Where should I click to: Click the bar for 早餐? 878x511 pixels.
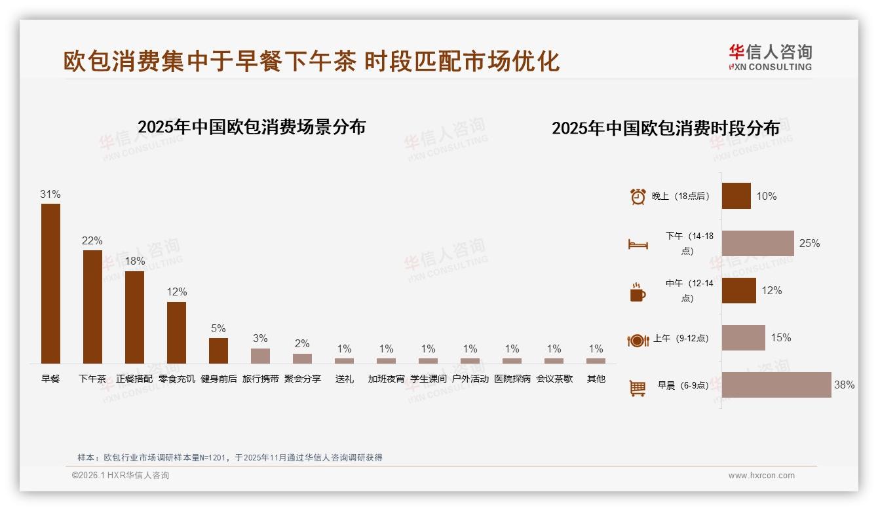[x=50, y=283]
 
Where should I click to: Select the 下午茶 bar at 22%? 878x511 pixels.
[x=92, y=307]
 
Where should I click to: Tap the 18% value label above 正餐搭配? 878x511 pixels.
[x=134, y=261]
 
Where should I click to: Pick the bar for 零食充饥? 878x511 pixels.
[x=176, y=332]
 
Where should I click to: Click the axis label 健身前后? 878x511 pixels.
[x=218, y=379]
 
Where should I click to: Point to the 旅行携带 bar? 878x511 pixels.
[x=260, y=356]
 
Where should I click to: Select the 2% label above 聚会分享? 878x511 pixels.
[x=302, y=343]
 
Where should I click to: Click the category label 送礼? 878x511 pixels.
[x=344, y=379]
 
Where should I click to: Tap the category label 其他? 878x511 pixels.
[x=596, y=379]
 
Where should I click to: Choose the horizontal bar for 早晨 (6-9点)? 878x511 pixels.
[x=776, y=385]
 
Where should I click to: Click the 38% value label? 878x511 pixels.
[x=844, y=385]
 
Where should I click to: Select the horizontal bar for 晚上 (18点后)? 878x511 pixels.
[x=736, y=196]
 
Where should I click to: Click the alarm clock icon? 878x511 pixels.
[x=638, y=197]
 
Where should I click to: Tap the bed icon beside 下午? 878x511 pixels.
[x=638, y=244]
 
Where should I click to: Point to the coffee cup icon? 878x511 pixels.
[x=638, y=292]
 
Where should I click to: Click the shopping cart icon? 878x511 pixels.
[x=638, y=388]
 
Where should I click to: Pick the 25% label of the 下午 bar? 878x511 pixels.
[x=809, y=244]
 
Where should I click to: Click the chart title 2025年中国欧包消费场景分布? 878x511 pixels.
[x=252, y=126]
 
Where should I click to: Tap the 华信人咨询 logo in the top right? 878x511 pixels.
[x=771, y=57]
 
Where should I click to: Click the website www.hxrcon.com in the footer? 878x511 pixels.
[x=761, y=476]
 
